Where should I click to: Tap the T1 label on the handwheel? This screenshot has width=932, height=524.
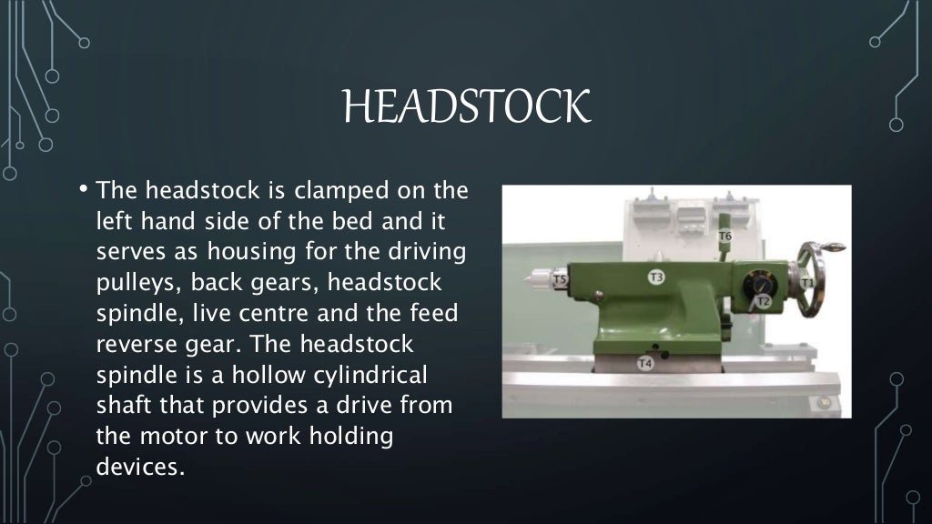click(x=806, y=284)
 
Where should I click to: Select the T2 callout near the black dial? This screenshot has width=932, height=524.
click(x=763, y=301)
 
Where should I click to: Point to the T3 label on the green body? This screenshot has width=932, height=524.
click(x=655, y=277)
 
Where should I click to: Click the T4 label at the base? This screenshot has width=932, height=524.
click(x=645, y=364)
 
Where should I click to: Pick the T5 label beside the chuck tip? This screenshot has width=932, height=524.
click(x=562, y=280)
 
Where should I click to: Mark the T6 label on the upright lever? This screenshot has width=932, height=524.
click(x=725, y=237)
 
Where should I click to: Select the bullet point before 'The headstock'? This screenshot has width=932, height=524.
click(x=82, y=190)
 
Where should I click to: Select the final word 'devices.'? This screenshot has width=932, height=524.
click(x=140, y=467)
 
